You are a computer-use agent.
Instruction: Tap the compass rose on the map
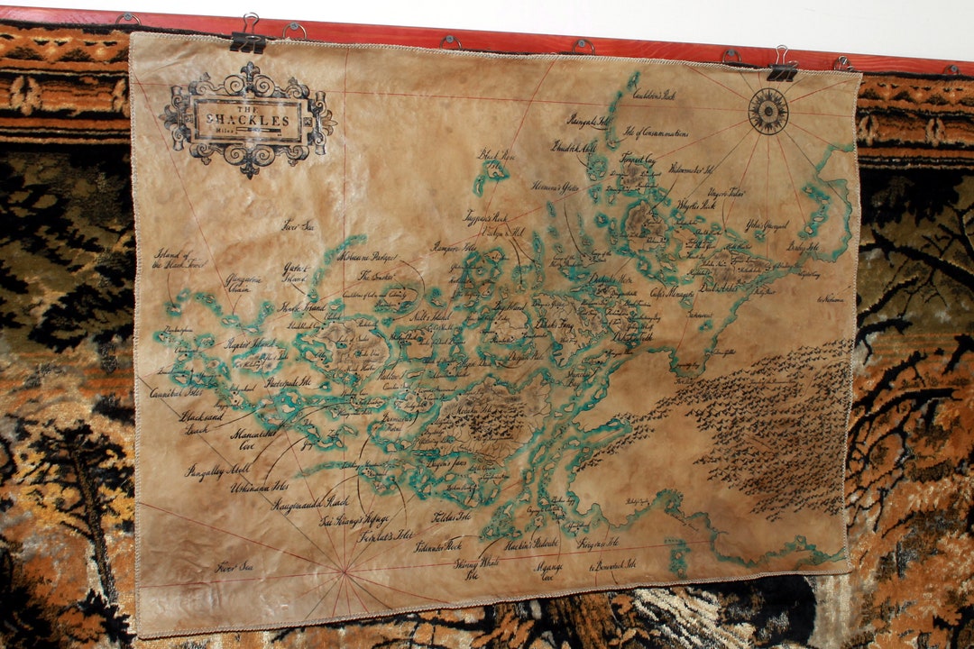[768, 112]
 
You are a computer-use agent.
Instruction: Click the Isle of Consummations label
[656, 133]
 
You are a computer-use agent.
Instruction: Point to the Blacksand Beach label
[200, 423]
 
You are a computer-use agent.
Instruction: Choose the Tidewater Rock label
[437, 545]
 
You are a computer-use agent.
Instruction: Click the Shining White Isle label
[477, 568]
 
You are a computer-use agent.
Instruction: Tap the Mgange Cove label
[548, 571]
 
